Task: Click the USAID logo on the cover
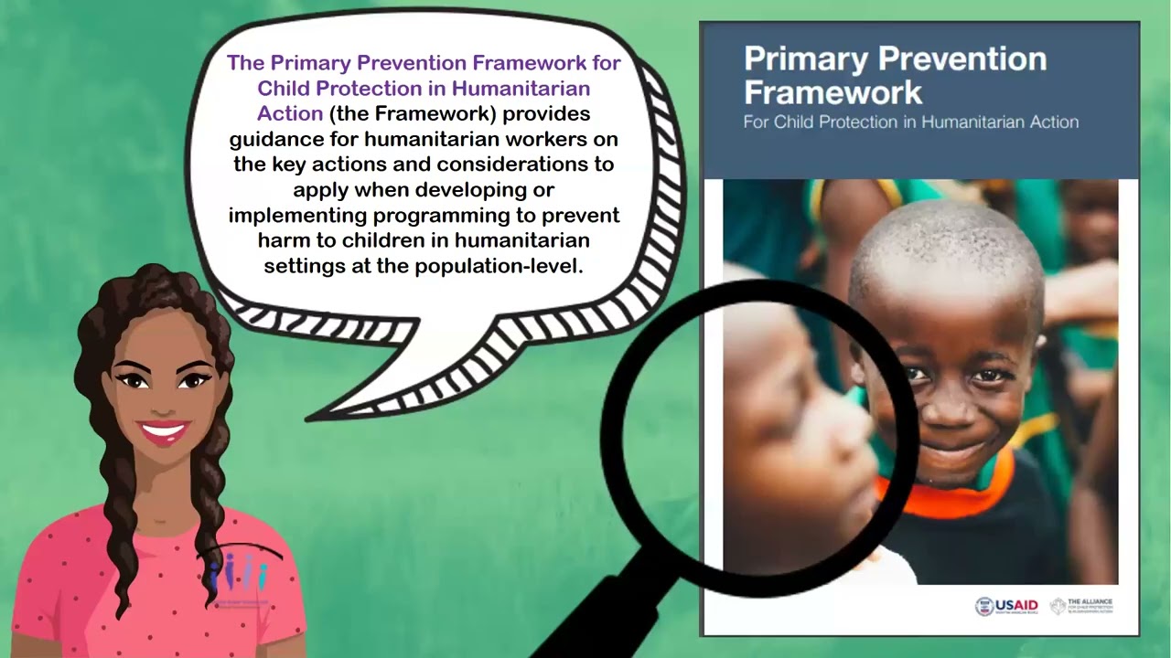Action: (1006, 606)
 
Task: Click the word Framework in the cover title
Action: (833, 92)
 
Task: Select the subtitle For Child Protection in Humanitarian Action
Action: (910, 122)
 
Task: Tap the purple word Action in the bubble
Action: (290, 114)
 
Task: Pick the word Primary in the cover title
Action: (805, 58)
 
